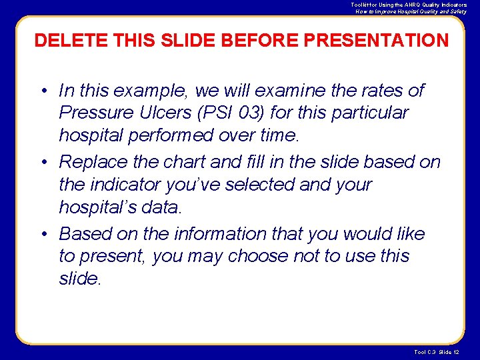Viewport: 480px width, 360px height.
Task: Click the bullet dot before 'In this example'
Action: [x=42, y=91]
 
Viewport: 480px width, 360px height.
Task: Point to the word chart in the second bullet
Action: [x=204, y=162]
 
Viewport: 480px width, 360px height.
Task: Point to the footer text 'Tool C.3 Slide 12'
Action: [x=442, y=352]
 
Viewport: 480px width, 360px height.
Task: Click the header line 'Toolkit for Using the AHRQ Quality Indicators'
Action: [x=409, y=5]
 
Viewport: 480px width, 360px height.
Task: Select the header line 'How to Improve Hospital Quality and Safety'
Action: [x=411, y=11]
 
